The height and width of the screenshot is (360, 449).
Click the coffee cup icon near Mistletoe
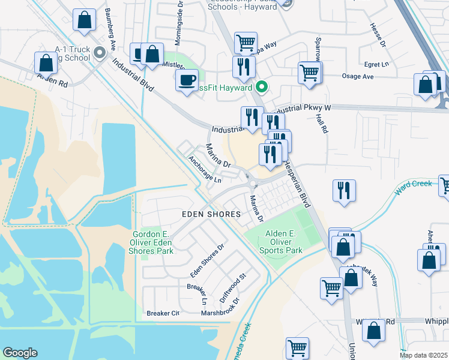pyautogui.click(x=187, y=80)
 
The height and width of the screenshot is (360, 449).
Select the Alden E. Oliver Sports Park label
pyautogui.click(x=276, y=241)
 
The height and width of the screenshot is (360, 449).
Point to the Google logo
pyautogui.click(x=20, y=353)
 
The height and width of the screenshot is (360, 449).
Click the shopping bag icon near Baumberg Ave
pyautogui.click(x=85, y=19)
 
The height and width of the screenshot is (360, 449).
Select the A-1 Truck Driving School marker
pyautogui.click(x=100, y=54)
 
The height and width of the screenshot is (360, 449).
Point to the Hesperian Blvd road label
pyautogui.click(x=297, y=184)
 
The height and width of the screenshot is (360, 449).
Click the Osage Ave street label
pyautogui.click(x=357, y=77)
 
